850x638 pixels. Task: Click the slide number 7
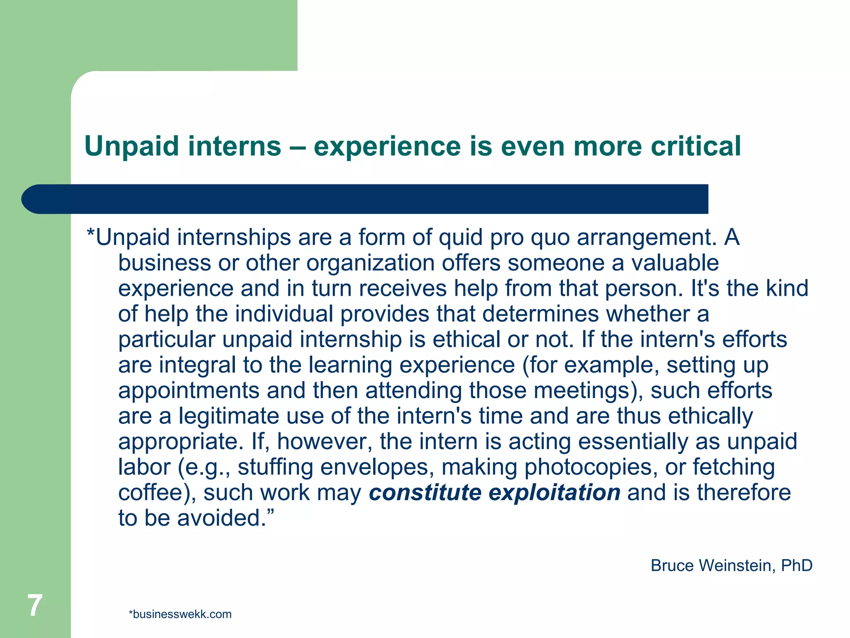point(35,605)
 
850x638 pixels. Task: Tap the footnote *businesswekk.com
point(180,614)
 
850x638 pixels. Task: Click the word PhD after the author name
point(796,566)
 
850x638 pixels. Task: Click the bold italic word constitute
point(425,493)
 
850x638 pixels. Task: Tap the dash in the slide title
point(298,147)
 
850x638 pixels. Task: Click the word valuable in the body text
point(675,263)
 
